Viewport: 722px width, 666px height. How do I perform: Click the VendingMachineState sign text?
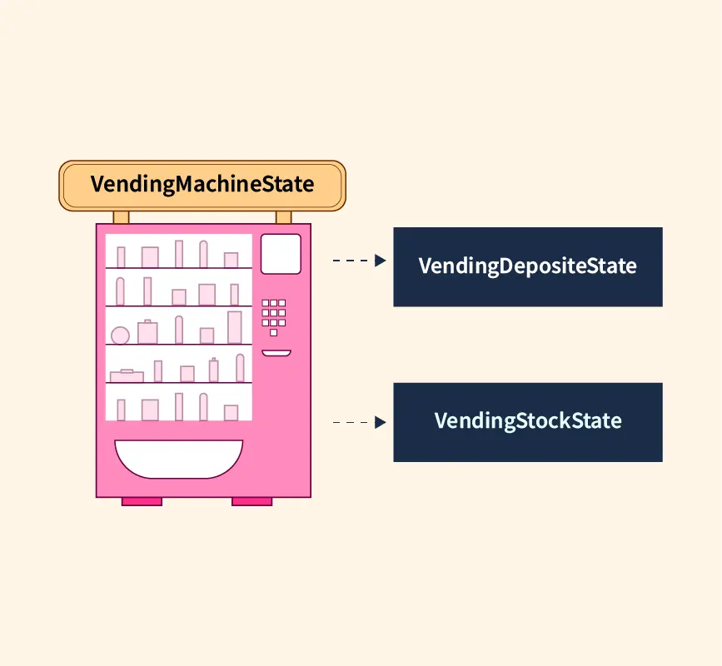[x=202, y=184]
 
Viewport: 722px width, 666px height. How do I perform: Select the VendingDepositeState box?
[x=527, y=266]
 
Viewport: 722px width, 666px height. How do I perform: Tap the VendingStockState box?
[x=527, y=422]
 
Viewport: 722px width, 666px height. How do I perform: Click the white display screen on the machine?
[x=281, y=254]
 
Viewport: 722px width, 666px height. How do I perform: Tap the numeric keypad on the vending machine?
[x=274, y=314]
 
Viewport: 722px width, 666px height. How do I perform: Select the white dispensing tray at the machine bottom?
[x=179, y=457]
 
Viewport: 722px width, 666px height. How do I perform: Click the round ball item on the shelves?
[x=120, y=335]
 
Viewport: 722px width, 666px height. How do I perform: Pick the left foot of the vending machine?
[x=142, y=501]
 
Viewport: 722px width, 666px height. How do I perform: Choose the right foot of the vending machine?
[x=251, y=501]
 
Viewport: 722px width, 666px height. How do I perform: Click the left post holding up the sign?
[x=122, y=217]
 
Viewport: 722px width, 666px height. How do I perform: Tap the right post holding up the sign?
[x=284, y=217]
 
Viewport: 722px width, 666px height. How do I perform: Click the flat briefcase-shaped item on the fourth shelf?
[x=127, y=376]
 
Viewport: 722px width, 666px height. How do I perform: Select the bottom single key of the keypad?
[x=273, y=332]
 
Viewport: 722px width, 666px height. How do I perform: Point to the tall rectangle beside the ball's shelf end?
[x=235, y=327]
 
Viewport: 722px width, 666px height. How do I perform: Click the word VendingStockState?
[x=527, y=420]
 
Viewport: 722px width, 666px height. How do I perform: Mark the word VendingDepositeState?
[x=527, y=266]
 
